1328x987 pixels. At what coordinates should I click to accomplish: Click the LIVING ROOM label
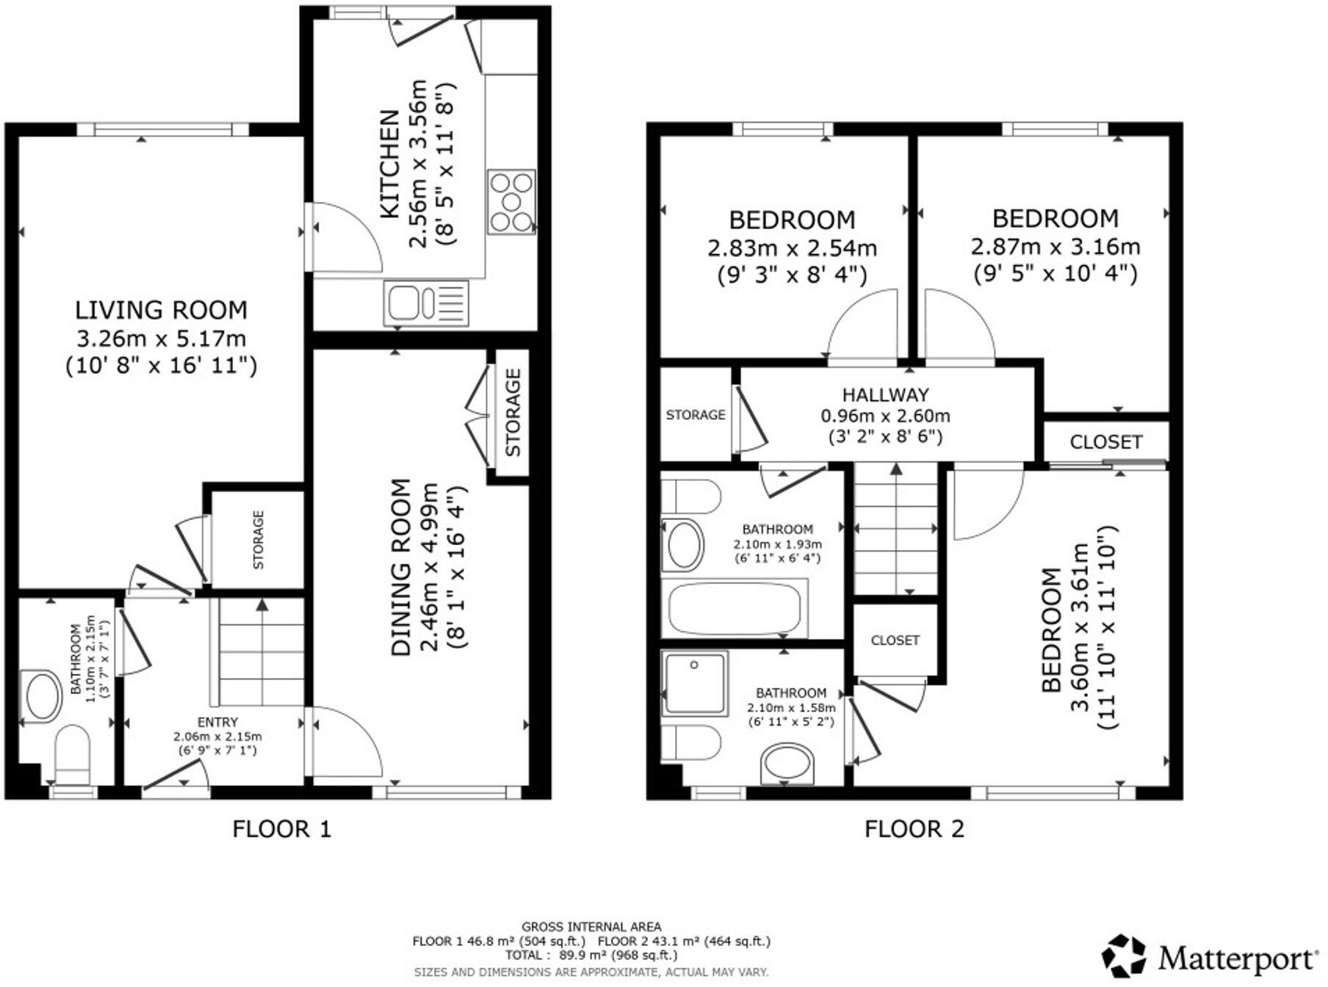click(161, 310)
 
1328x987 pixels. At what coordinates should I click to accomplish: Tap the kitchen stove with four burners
click(510, 201)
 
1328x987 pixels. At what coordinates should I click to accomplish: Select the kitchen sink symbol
click(425, 303)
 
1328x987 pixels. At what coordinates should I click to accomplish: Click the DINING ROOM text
click(400, 567)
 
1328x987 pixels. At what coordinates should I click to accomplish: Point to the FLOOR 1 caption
click(281, 829)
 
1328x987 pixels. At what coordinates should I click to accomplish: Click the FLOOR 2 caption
click(914, 829)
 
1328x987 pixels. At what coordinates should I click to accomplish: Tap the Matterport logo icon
click(1124, 955)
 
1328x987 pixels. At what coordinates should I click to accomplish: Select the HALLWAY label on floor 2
click(885, 394)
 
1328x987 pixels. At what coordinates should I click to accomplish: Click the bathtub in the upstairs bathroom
click(734, 609)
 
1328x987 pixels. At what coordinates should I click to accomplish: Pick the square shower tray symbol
click(695, 684)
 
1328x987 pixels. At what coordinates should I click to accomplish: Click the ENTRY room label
click(217, 722)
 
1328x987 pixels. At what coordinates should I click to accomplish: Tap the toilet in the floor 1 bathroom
click(72, 753)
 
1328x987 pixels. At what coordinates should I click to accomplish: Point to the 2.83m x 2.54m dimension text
click(792, 248)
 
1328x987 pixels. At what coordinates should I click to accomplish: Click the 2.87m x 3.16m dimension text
click(1055, 247)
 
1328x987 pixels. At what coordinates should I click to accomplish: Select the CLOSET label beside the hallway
click(1105, 442)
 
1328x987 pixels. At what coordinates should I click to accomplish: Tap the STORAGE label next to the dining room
click(513, 413)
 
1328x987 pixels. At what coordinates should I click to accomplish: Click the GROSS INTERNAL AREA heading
click(591, 927)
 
